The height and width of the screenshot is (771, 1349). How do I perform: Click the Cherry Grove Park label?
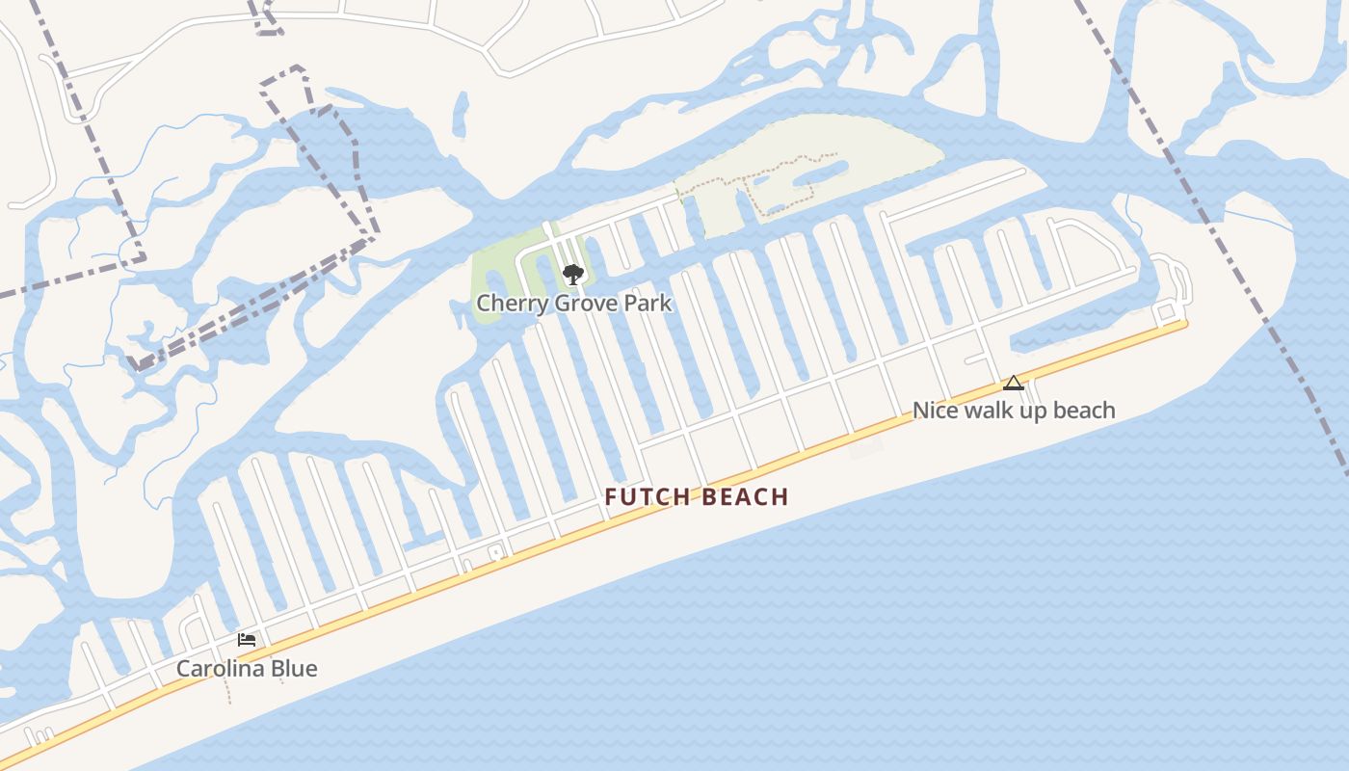tap(573, 303)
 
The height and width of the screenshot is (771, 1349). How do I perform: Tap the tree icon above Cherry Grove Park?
tap(573, 275)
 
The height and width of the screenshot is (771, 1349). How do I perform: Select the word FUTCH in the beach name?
tap(648, 497)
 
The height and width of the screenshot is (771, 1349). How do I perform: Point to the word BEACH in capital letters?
tap(746, 497)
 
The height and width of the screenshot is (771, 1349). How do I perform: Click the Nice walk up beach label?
tap(1014, 411)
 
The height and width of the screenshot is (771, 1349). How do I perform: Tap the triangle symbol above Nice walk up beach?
tap(1014, 383)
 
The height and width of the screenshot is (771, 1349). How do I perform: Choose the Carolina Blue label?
tap(247, 669)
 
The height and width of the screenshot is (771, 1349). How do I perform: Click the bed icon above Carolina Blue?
tap(247, 639)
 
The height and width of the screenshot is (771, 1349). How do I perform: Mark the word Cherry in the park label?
tap(511, 303)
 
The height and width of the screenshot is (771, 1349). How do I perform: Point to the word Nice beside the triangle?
tap(933, 411)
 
